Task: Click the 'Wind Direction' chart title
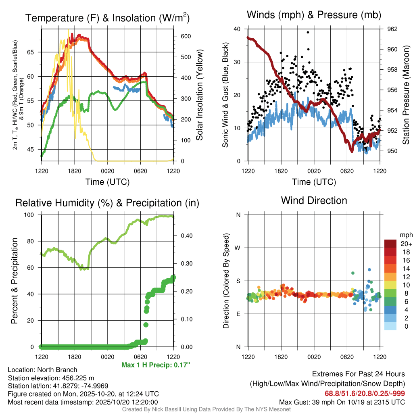(x=314, y=200)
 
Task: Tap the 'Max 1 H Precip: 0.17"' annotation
(x=155, y=365)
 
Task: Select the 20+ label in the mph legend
(x=405, y=244)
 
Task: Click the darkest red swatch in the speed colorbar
(x=390, y=244)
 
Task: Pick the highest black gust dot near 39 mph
(x=308, y=32)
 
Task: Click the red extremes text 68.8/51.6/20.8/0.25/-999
(x=365, y=394)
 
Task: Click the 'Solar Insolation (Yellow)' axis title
(x=200, y=95)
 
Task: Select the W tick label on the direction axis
(x=238, y=248)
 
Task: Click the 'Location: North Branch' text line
(x=42, y=370)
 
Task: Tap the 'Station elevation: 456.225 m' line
(x=51, y=378)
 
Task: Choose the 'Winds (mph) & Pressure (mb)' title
(x=314, y=15)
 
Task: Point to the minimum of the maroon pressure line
(x=352, y=151)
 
